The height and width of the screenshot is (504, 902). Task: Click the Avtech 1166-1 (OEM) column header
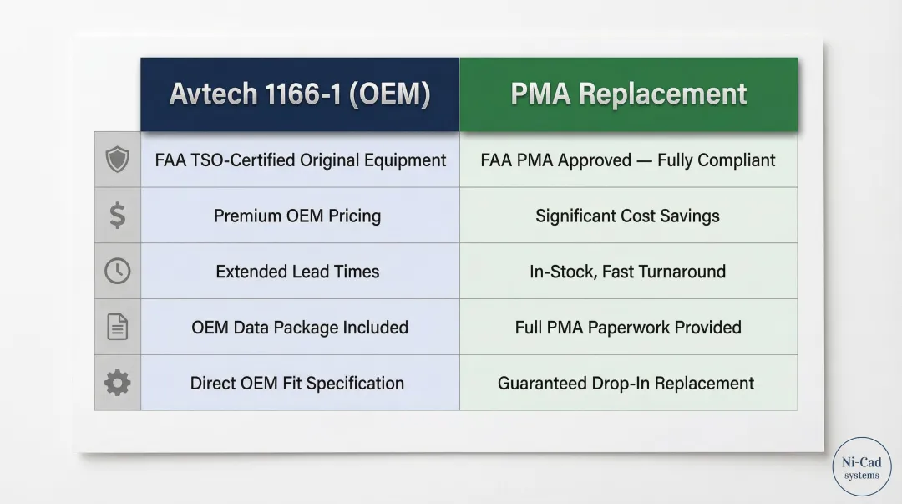[300, 94]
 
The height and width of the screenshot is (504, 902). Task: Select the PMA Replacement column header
[629, 94]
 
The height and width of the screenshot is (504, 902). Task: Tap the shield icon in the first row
[118, 160]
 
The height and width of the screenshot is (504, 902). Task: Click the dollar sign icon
[118, 216]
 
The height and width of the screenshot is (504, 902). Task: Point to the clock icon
[118, 271]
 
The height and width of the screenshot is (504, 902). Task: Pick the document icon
[118, 327]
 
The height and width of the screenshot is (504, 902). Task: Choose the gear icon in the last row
[118, 383]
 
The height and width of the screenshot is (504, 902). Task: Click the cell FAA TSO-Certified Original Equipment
[301, 160]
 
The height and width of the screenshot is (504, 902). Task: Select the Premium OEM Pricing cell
[301, 216]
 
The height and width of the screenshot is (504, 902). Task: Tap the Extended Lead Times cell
[301, 271]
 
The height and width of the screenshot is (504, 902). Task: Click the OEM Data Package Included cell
[301, 327]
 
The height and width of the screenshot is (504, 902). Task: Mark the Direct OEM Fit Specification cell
[301, 383]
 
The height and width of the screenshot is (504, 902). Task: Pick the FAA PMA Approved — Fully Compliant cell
[629, 160]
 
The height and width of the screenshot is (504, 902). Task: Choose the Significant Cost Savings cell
[629, 216]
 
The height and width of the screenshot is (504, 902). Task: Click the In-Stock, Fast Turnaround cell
[629, 271]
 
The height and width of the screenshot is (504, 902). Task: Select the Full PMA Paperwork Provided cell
[629, 327]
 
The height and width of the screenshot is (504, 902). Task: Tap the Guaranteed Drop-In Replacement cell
[629, 383]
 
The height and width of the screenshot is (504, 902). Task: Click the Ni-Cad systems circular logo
[862, 466]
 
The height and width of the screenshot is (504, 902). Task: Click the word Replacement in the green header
[662, 94]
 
